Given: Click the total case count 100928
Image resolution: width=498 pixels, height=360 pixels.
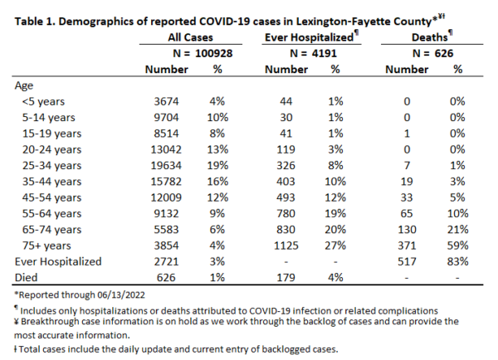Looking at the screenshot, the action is tap(214, 53).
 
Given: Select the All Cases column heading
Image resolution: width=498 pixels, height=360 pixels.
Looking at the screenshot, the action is tap(190, 37).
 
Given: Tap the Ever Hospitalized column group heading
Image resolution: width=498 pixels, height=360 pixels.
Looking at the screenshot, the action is tap(309, 37).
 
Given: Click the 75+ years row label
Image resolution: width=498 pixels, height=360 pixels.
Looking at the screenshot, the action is tap(46, 246).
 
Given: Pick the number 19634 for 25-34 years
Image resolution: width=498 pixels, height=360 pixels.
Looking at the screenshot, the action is tap(166, 166).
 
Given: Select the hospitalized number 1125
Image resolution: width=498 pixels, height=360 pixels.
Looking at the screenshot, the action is tap(286, 246).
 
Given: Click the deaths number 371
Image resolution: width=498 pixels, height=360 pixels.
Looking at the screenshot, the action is tap(407, 246).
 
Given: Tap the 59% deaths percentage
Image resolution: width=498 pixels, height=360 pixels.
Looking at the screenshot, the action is tap(457, 246).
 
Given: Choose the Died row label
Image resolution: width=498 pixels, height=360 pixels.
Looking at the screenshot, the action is tap(26, 277).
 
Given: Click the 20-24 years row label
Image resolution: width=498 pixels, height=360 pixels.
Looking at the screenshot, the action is tap(51, 149).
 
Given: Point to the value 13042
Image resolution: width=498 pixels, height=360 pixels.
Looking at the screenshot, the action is tap(166, 149).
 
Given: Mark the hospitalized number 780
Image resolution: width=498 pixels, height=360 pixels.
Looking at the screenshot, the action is tap(286, 214).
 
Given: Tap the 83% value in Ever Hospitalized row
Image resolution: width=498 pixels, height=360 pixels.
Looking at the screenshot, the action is tap(457, 261).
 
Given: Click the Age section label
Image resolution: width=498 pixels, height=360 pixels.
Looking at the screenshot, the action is tap(24, 85).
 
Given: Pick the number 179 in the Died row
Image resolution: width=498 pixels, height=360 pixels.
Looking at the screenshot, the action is tap(286, 277).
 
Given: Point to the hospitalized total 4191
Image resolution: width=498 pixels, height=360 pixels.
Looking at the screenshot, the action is tap(324, 53).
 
